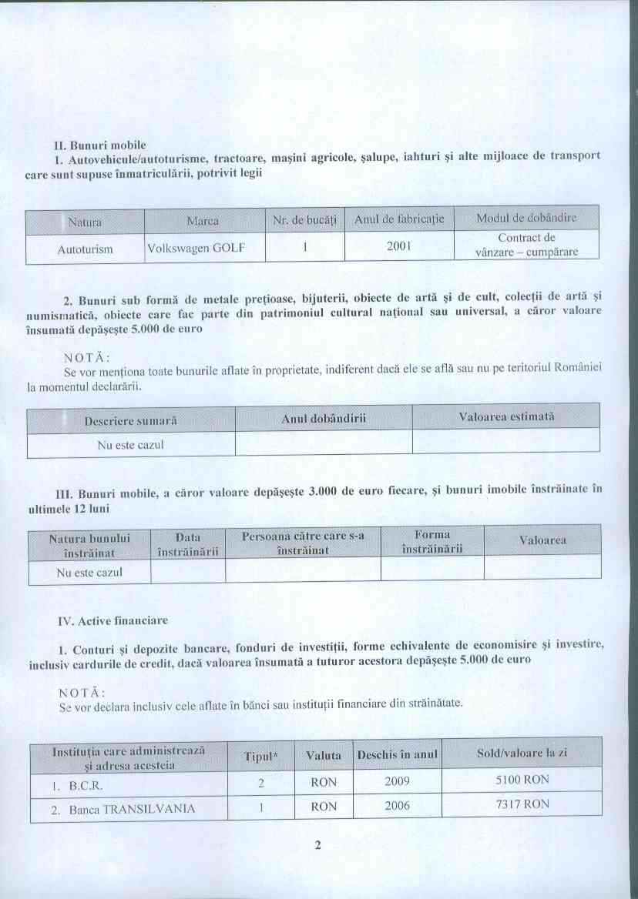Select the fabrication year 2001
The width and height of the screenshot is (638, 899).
(x=398, y=247)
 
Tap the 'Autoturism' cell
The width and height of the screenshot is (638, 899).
(x=86, y=249)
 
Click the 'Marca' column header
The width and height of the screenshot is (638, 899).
(x=203, y=222)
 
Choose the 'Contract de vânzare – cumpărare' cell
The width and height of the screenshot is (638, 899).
(x=526, y=245)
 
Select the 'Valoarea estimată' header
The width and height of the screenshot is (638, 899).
(x=506, y=416)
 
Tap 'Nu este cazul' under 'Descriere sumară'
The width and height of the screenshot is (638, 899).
(x=130, y=444)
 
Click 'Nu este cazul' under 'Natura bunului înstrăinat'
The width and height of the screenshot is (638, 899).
(x=89, y=573)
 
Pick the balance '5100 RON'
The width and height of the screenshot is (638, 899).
(x=523, y=780)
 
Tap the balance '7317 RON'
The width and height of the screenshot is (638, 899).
(x=523, y=804)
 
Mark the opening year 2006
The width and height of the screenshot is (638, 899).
(x=397, y=807)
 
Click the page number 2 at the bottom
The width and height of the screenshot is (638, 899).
(x=317, y=846)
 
